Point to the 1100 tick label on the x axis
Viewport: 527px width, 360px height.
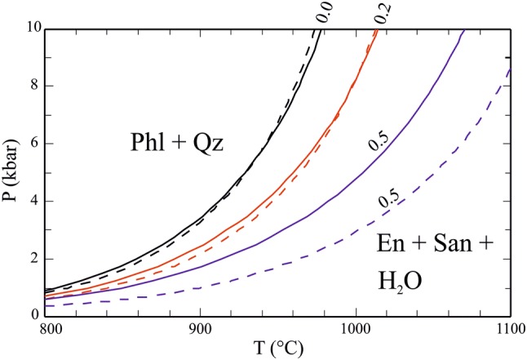coord(506,331)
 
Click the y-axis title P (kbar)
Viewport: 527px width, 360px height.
coord(11,171)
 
